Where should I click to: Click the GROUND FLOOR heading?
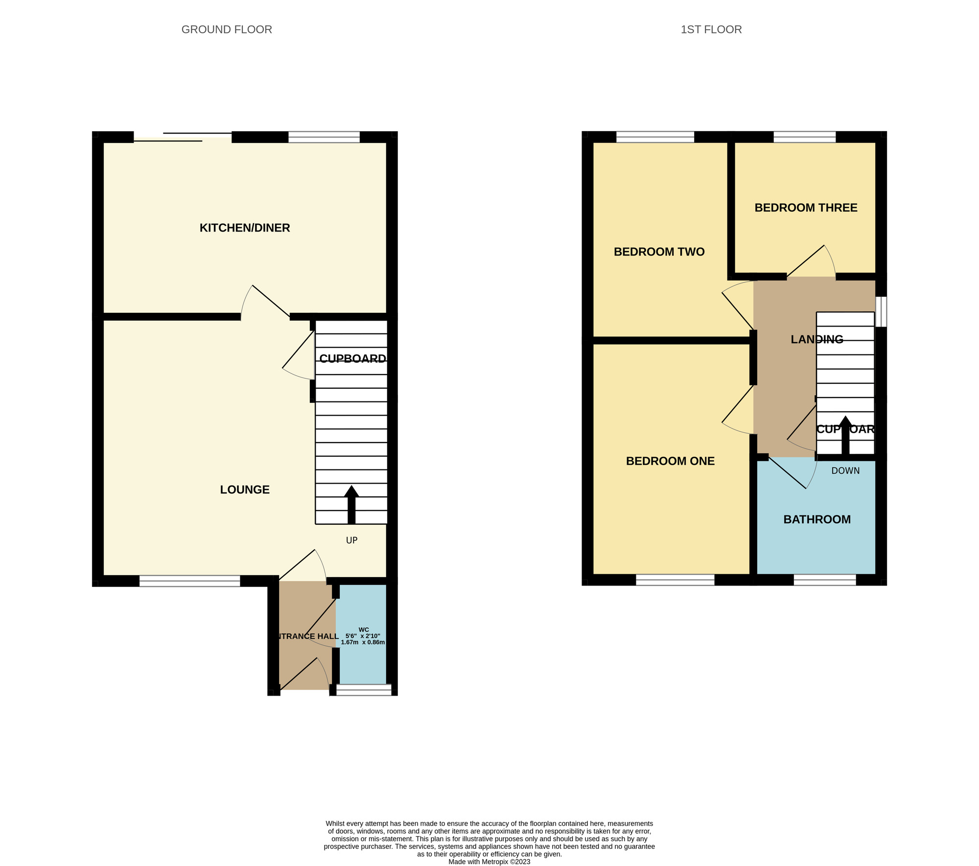coord(227,29)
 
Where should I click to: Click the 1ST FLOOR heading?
coord(711,29)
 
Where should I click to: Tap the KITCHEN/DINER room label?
coord(245,228)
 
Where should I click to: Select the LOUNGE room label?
coord(245,490)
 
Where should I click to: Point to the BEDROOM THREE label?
coord(806,208)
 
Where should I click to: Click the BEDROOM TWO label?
coord(659,252)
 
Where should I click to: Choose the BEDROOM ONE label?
coord(670,461)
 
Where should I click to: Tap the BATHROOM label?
coord(817,519)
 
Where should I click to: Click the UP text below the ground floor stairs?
coord(351,540)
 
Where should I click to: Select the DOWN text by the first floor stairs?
coord(845,471)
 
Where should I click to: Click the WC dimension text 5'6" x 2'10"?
coord(363,636)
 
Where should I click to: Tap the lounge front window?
coord(190,581)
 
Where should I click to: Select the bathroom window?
coord(824,580)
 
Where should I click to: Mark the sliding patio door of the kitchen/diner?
coord(183,137)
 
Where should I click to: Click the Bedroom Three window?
coord(804,137)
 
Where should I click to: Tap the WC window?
coord(364,689)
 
